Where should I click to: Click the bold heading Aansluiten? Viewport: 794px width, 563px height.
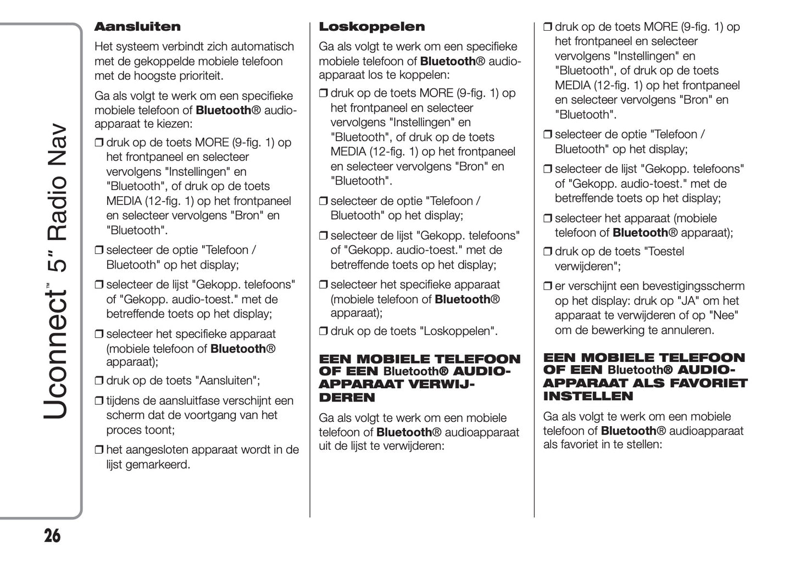[137, 27]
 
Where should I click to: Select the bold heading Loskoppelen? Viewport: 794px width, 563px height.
[372, 27]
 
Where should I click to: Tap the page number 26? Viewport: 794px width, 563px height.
[52, 536]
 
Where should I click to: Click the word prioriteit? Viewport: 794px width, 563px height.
[199, 76]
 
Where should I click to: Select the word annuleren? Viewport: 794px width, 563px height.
[684, 330]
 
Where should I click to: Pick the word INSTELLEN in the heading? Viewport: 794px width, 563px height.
[587, 396]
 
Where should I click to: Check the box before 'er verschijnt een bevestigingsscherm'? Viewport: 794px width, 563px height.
[548, 287]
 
